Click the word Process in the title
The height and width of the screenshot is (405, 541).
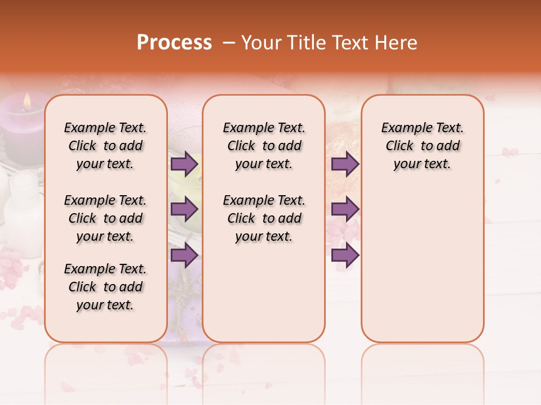pos(174,43)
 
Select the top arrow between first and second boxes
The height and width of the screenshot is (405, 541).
pos(184,164)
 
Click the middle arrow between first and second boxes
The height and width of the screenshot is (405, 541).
pos(184,210)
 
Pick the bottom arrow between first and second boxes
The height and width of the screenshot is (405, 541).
pos(184,255)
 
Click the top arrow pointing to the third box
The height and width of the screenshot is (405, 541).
pos(345,164)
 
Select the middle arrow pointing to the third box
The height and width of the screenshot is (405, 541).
pos(345,210)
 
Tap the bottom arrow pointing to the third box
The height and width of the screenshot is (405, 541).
pos(345,255)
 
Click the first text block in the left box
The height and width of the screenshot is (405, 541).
pos(105,146)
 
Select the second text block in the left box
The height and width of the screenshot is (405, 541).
pos(105,218)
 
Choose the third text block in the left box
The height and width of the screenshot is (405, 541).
pos(105,287)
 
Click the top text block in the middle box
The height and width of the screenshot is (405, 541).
pos(264,146)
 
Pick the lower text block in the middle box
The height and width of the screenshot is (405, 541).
pos(264,218)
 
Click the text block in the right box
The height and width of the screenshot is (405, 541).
pos(422,146)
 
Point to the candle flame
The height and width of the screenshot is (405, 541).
pos(26,101)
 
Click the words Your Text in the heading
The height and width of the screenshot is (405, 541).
pos(264,43)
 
